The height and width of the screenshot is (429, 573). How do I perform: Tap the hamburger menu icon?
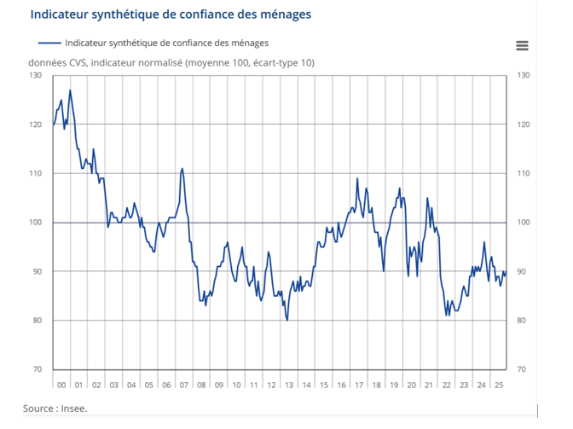(x=522, y=46)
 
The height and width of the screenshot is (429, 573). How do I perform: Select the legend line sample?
(x=49, y=43)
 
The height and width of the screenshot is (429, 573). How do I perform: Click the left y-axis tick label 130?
(x=35, y=76)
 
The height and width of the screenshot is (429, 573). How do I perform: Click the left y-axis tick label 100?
(x=35, y=223)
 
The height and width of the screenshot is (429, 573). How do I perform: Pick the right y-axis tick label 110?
(x=524, y=174)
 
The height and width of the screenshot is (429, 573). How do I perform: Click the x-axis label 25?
(x=499, y=385)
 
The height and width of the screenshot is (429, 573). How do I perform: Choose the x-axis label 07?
(x=183, y=385)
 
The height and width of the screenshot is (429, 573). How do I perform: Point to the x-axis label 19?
(x=393, y=385)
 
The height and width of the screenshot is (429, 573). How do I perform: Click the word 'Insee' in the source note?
(x=73, y=409)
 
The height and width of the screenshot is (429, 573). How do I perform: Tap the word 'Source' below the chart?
(x=39, y=409)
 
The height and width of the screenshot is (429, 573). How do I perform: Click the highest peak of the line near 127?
(x=70, y=90)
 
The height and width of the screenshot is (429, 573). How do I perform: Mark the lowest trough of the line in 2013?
(x=287, y=320)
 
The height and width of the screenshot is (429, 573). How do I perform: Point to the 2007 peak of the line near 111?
(x=182, y=169)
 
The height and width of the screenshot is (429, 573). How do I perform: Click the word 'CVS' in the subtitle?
(x=74, y=63)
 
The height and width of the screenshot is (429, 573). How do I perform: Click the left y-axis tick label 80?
(x=37, y=321)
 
